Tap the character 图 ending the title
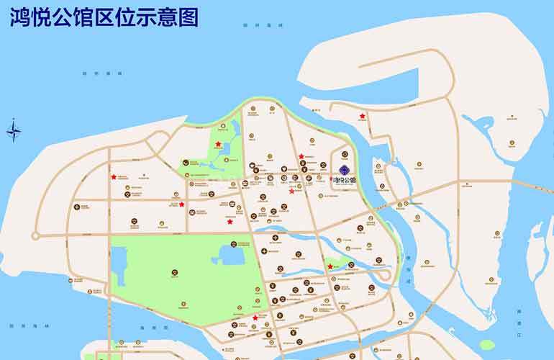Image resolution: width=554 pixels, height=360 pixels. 188,17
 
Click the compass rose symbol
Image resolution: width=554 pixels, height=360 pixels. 14,131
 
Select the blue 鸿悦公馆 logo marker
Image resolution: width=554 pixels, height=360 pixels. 344,170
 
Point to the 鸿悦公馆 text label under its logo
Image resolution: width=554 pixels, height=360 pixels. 345,179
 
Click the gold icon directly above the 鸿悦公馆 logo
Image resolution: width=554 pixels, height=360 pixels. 344,153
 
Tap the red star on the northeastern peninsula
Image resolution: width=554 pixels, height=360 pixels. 363,116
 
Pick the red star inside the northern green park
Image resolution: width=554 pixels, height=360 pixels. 218,144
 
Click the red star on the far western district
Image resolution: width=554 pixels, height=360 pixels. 113,176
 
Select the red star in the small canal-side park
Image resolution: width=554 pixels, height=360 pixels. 330,266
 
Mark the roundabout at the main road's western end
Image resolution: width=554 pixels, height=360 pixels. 35,235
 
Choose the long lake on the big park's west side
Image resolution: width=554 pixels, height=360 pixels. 119,264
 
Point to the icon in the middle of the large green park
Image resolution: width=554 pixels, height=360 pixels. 175,271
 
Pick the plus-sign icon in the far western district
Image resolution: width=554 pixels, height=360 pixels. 76,207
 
